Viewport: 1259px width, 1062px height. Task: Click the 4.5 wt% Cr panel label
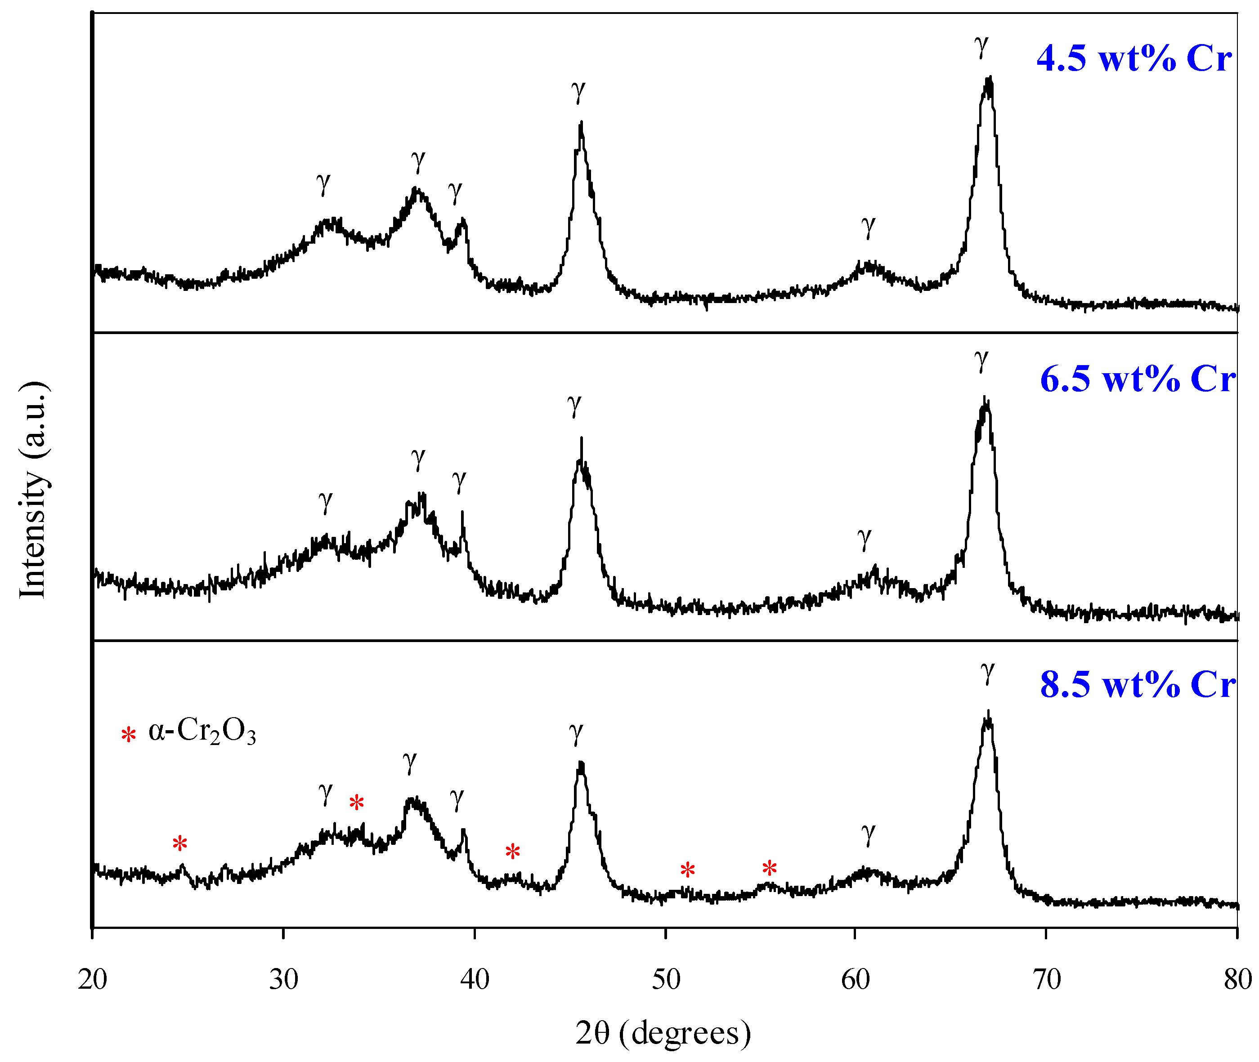tap(1134, 59)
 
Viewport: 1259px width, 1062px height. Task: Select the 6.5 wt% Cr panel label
tap(1137, 379)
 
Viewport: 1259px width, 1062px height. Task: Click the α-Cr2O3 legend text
tap(202, 733)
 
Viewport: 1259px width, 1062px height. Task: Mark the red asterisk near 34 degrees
tap(357, 803)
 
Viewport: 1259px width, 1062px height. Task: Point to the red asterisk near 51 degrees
tap(687, 870)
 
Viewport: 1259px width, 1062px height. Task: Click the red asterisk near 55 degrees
tap(769, 868)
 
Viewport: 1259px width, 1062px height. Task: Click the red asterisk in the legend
tap(128, 735)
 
